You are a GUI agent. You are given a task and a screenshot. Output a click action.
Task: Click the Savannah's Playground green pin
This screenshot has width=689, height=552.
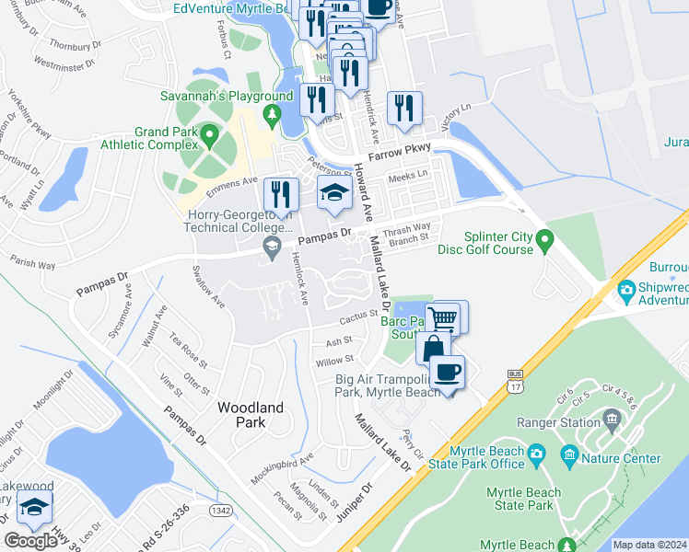271,114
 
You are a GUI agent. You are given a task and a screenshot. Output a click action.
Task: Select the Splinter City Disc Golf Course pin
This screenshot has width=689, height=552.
544,242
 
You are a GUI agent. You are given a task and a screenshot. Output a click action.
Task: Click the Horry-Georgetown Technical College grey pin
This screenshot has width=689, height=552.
272,245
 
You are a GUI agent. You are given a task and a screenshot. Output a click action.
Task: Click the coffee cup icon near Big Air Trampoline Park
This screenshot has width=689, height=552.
448,372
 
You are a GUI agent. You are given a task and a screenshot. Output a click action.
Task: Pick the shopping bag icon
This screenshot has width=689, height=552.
432,349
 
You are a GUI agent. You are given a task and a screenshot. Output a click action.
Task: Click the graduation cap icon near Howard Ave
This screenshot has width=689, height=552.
333,193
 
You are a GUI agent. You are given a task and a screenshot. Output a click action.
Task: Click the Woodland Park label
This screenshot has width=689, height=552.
250,415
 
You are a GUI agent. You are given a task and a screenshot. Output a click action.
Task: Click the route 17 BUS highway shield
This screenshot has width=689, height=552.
515,381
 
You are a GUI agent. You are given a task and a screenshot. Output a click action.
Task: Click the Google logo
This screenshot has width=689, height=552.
30,541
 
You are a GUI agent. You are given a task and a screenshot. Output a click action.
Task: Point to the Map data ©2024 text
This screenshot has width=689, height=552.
648,545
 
